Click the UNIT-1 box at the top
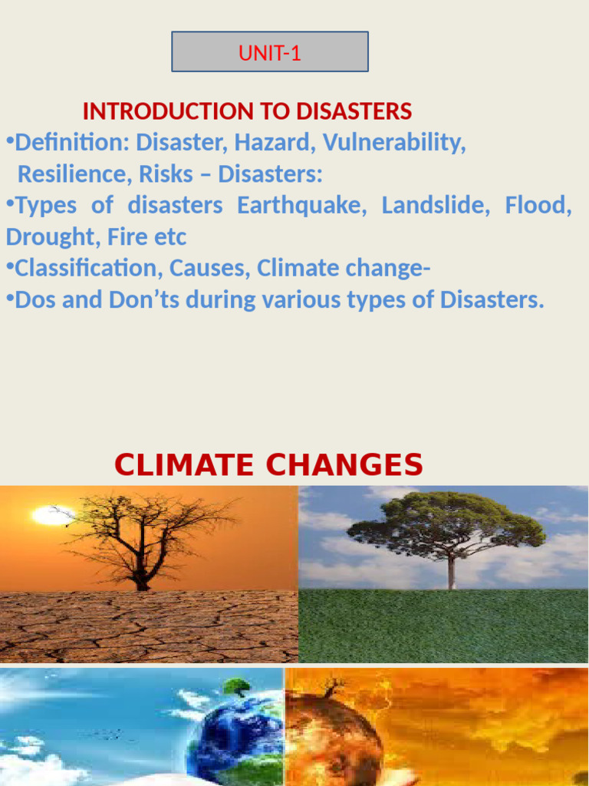269,52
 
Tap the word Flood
538,206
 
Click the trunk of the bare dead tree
141,572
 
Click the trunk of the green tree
451,572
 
